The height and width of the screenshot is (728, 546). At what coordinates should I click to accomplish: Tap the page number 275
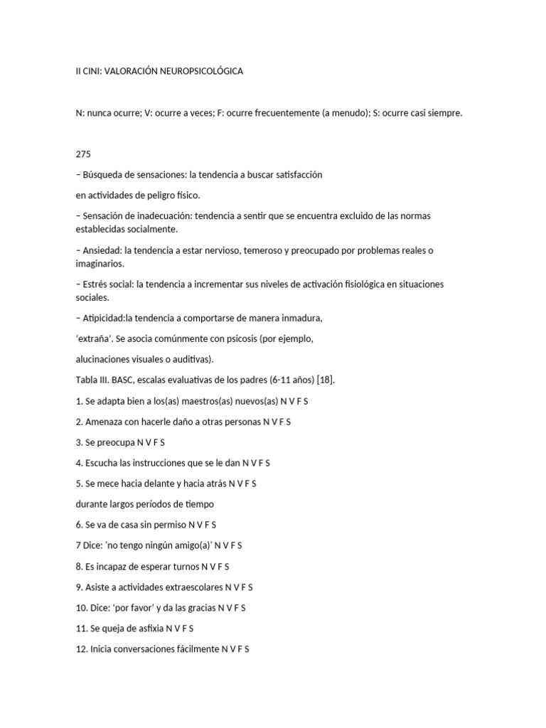(x=83, y=154)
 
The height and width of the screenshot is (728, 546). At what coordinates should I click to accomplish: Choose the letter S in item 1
(x=306, y=401)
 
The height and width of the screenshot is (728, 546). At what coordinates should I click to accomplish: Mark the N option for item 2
(x=266, y=422)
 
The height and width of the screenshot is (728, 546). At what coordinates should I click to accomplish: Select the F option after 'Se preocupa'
(x=156, y=442)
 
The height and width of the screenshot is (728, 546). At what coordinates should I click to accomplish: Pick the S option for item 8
(x=227, y=567)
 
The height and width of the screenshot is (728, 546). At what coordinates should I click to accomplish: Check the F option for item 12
(x=240, y=649)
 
